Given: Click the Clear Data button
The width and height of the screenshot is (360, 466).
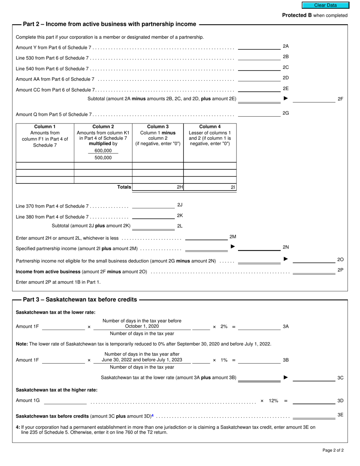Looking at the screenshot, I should click(325, 5).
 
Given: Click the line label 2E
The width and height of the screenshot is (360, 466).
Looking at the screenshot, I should click(286, 89).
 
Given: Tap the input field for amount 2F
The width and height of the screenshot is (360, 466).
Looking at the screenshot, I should click(314, 99).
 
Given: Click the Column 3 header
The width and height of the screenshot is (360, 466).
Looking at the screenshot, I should click(158, 127).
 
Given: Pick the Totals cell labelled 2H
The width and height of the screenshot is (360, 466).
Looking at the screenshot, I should click(158, 187).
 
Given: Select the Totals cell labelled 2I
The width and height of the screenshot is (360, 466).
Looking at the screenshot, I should click(210, 187).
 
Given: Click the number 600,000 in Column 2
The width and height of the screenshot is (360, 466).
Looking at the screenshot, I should click(103, 151).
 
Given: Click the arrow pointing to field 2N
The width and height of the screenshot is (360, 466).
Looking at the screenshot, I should click(233, 247).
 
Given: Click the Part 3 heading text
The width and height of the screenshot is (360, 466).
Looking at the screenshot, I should click(80, 300).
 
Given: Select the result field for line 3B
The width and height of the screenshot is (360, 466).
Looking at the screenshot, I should click(259, 360).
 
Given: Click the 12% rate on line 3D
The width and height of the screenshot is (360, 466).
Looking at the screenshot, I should click(274, 401).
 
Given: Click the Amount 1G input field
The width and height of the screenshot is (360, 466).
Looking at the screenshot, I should click(65, 400).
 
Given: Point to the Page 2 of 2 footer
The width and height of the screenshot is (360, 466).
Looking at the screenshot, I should click(333, 450).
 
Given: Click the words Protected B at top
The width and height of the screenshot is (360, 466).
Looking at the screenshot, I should click(294, 16).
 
